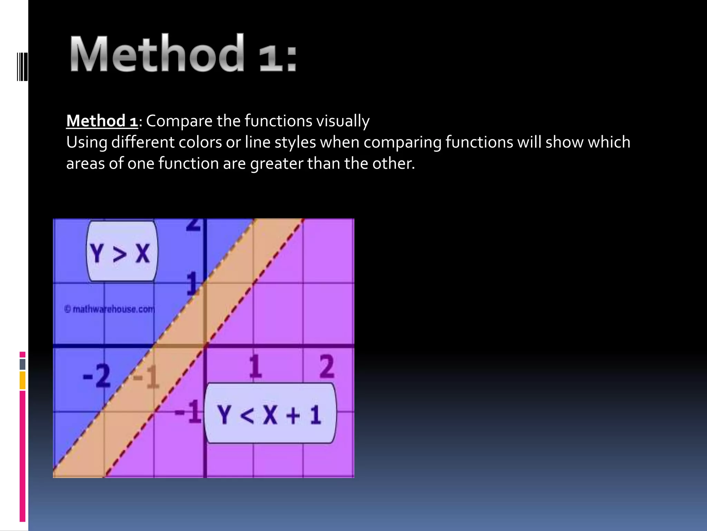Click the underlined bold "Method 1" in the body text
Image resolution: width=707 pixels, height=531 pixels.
(102, 121)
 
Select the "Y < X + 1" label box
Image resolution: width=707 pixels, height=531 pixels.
(270, 413)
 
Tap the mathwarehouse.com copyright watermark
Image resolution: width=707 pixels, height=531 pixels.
(109, 309)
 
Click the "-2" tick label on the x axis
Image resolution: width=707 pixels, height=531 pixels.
(97, 376)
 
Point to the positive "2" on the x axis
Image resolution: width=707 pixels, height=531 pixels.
(327, 366)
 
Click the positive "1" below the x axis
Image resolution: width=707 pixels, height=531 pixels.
(255, 366)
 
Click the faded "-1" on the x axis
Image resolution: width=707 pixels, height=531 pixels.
(146, 377)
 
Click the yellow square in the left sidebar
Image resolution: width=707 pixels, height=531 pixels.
(22, 380)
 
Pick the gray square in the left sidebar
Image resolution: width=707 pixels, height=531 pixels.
(22, 364)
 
